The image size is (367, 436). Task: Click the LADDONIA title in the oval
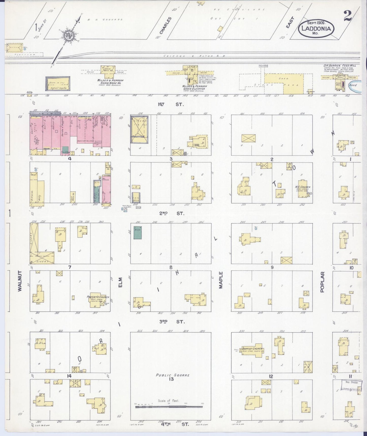pyautogui.click(x=316, y=28)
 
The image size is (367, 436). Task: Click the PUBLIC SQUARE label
pyautogui.click(x=173, y=375)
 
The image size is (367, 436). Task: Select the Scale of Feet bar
pyautogui.click(x=169, y=407)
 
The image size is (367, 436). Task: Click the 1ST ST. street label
pyautogui.click(x=171, y=104)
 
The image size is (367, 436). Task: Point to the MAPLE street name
pyautogui.click(x=221, y=280)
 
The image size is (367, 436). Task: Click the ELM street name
pyautogui.click(x=120, y=282)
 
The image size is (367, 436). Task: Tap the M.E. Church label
pyautogui.click(x=302, y=187)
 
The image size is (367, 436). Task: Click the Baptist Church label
pyautogui.click(x=252, y=348)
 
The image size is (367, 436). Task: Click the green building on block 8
pyautogui.click(x=138, y=232)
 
